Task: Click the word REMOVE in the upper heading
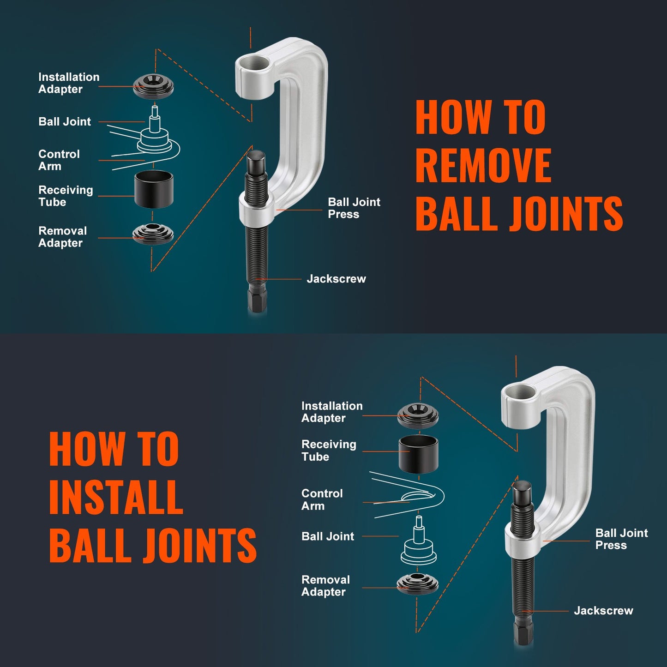[x=483, y=165]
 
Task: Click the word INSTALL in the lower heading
[x=116, y=497]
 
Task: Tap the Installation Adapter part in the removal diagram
[x=153, y=86]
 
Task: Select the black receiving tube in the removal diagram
[x=154, y=189]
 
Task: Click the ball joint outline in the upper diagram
[x=155, y=134]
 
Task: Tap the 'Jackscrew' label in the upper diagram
[x=336, y=279]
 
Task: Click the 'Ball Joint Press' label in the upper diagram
[x=354, y=208]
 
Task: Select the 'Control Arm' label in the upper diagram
[x=59, y=160]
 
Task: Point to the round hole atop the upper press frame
[x=254, y=64]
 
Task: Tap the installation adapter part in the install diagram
[x=418, y=415]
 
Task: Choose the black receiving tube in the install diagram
[x=418, y=454]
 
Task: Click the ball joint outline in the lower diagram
[x=419, y=545]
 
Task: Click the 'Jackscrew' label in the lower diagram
[x=603, y=611]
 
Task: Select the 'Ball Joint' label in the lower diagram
[x=328, y=536]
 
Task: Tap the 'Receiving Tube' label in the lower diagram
[x=328, y=451]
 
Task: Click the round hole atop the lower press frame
[x=520, y=393]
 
